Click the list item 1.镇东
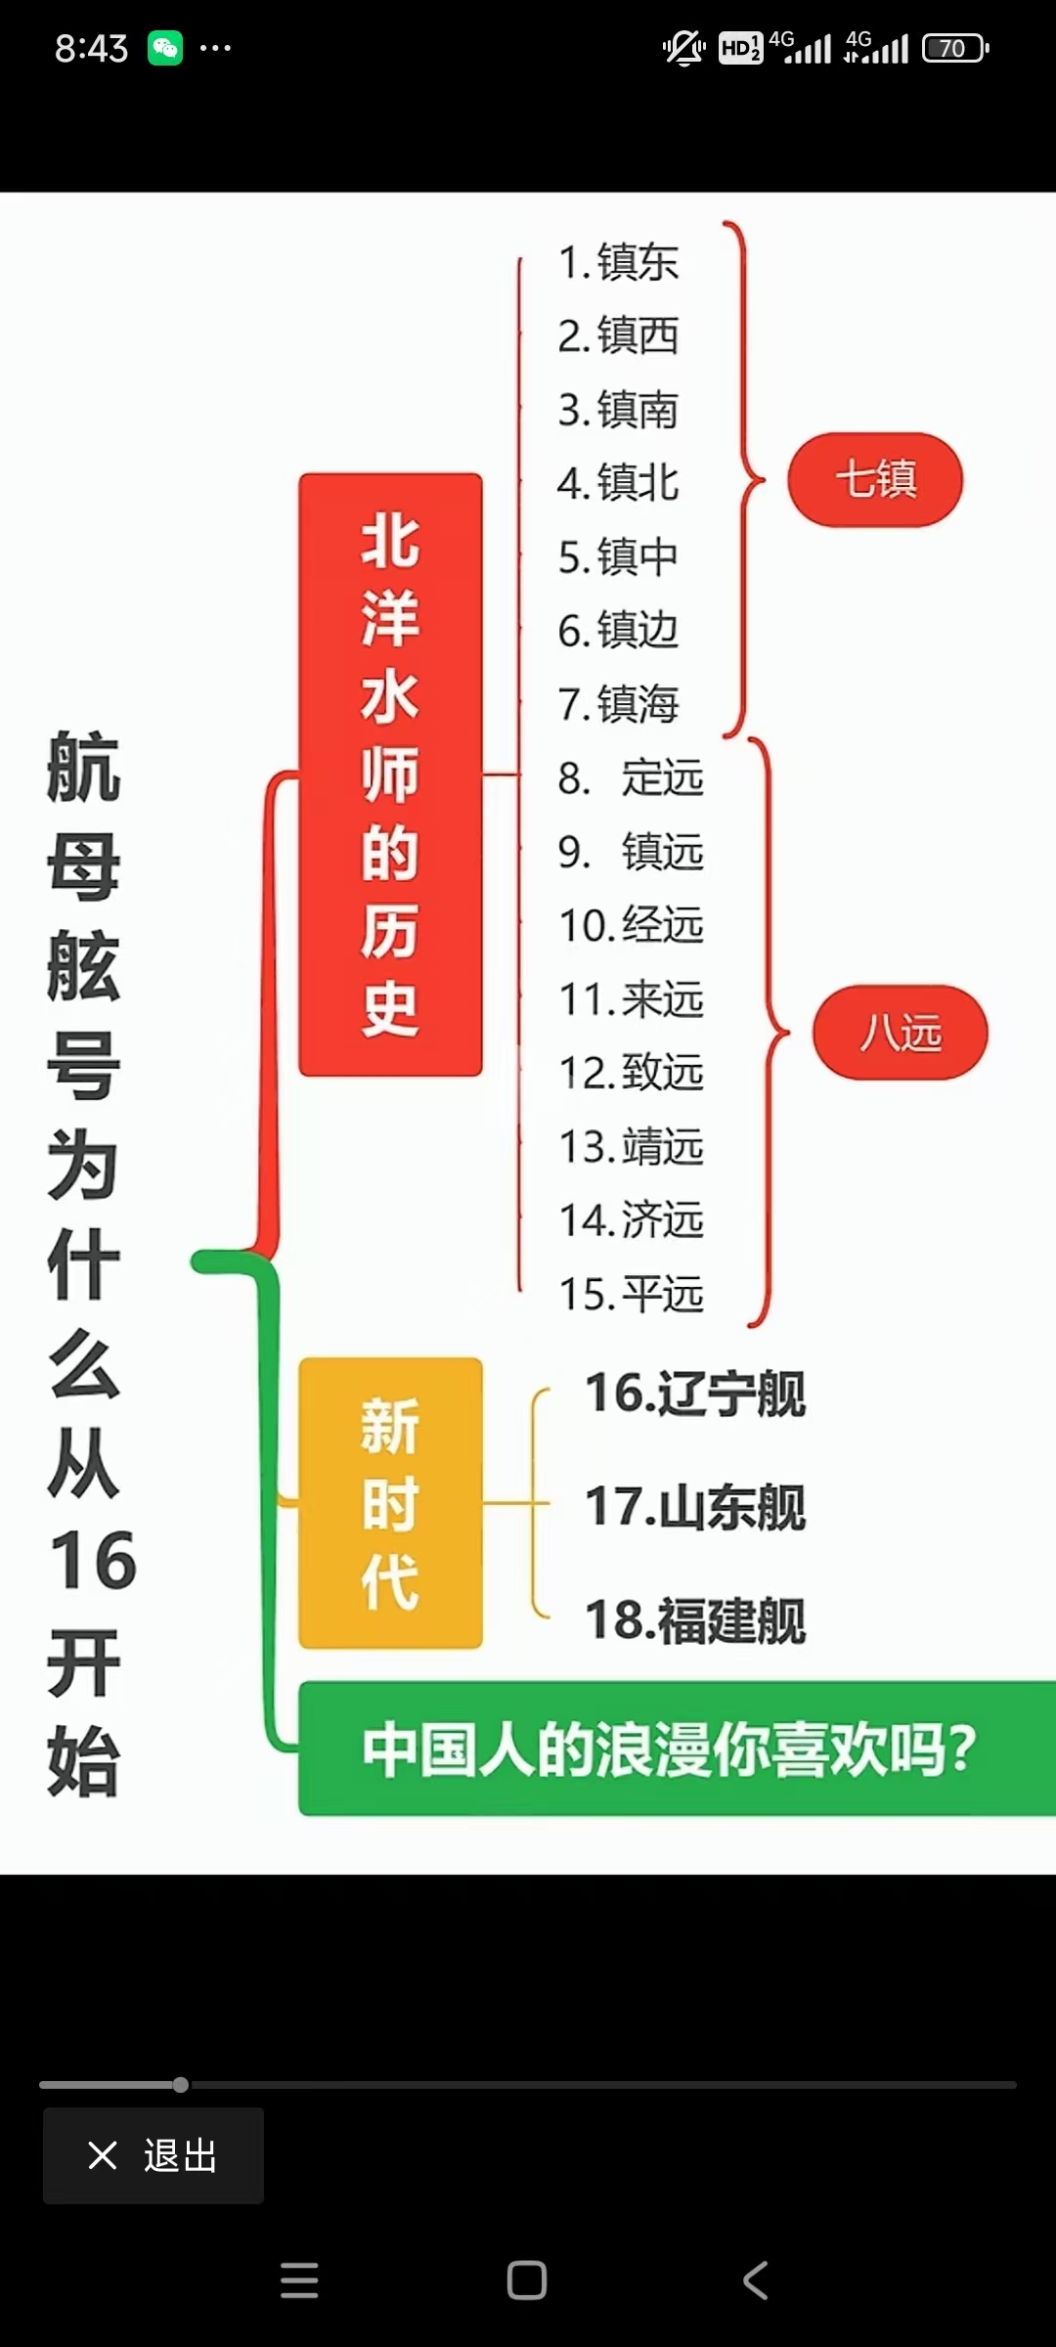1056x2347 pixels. (618, 262)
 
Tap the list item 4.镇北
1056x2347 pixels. (618, 483)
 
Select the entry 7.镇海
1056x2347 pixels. (618, 704)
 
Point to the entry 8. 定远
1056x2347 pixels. (631, 778)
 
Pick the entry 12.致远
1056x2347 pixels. (631, 1073)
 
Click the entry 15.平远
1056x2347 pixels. (631, 1294)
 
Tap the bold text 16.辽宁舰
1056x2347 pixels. (694, 1394)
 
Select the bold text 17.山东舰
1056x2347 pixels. (694, 1507)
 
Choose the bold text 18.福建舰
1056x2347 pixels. (694, 1620)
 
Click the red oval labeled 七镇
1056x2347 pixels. (875, 480)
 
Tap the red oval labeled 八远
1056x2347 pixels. (901, 1033)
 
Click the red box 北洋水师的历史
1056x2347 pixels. (390, 775)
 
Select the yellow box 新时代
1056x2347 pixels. (390, 1503)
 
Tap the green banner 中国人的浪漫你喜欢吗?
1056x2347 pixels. (675, 1749)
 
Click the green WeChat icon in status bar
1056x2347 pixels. (165, 48)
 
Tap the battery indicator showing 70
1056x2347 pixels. (955, 48)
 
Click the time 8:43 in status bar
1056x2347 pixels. (91, 48)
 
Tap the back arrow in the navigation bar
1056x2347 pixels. (755, 2281)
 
